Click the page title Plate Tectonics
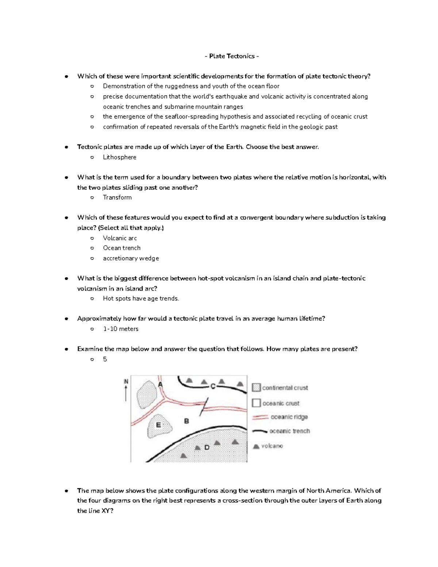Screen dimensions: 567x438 click(x=232, y=56)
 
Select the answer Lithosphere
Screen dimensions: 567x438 click(x=119, y=157)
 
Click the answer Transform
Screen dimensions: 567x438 click(x=117, y=198)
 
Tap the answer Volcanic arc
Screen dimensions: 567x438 click(x=120, y=238)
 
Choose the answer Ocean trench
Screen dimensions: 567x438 click(x=122, y=248)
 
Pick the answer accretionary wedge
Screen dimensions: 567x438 click(x=131, y=258)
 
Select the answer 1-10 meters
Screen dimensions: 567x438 click(x=120, y=329)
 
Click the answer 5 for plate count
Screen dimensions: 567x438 click(x=105, y=359)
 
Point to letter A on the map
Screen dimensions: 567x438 click(x=160, y=385)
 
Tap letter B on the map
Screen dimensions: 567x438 click(x=187, y=421)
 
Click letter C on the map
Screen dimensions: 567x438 click(x=213, y=386)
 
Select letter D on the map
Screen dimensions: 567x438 click(x=207, y=447)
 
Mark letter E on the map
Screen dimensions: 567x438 click(x=158, y=425)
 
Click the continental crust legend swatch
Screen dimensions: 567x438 click(x=257, y=387)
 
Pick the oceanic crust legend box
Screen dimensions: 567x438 click(x=257, y=403)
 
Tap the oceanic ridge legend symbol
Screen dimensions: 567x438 click(x=260, y=417)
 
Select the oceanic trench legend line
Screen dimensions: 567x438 click(x=260, y=431)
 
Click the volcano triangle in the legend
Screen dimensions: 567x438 click(x=256, y=446)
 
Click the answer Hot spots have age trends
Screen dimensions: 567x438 click(x=141, y=299)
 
